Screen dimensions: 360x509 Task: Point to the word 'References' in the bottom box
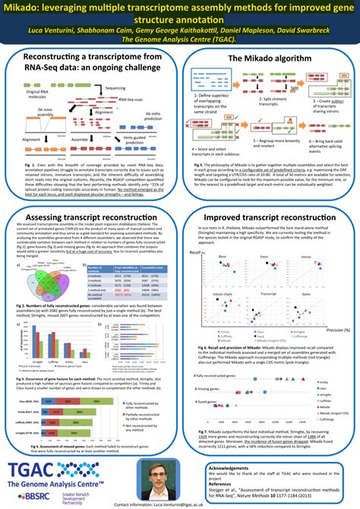[224, 482]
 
